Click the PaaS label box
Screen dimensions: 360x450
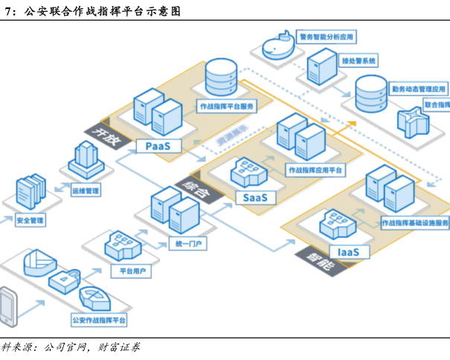click(158, 146)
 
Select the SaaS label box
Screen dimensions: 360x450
click(255, 197)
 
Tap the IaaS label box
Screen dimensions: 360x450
click(348, 252)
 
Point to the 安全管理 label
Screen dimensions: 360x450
click(30, 220)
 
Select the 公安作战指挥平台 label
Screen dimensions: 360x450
click(99, 319)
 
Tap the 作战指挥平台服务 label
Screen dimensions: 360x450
click(226, 106)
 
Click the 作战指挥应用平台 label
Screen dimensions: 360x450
click(315, 170)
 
